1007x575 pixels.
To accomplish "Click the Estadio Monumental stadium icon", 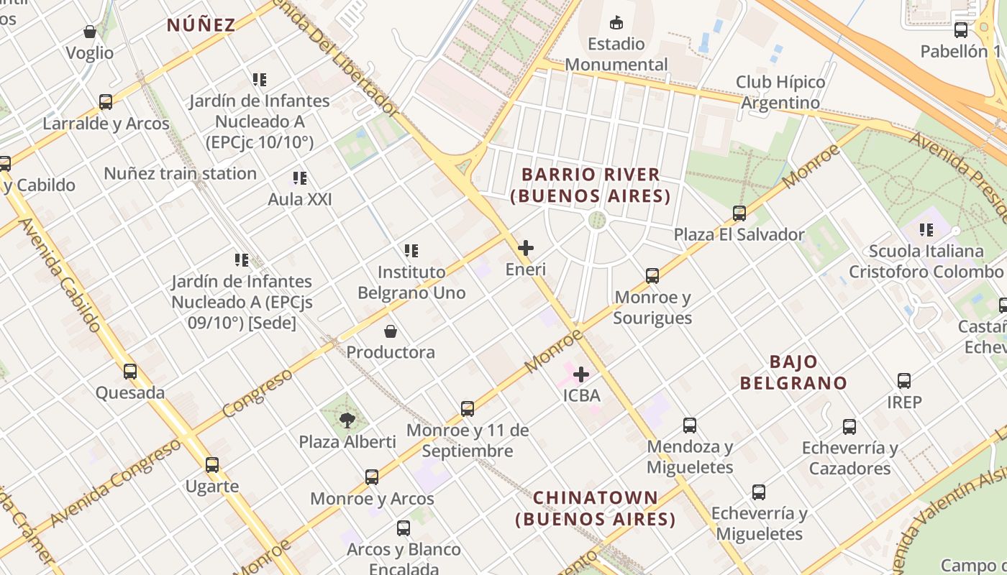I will (616, 23).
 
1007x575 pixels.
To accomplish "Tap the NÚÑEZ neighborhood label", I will (201, 25).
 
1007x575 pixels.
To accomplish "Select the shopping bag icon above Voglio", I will (90, 32).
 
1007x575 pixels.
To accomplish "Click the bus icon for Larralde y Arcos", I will (106, 102).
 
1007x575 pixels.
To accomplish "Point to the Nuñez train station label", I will (180, 173).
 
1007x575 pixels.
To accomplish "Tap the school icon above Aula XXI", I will (300, 178).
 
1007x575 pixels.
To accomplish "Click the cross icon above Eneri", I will (526, 248).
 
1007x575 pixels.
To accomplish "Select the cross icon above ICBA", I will (581, 374).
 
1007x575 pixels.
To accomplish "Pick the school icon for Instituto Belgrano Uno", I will (411, 251).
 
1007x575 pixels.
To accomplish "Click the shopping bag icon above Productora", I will (391, 331).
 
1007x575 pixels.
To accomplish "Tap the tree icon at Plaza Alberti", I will (347, 420).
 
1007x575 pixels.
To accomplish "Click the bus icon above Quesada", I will (130, 372).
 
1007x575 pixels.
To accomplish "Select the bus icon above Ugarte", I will (212, 465).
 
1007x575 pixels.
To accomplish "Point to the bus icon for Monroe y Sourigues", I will (652, 276).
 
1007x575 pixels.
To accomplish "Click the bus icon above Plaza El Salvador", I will (739, 213).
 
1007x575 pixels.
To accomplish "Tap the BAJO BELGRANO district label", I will (793, 372).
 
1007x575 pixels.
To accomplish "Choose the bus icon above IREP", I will (904, 381).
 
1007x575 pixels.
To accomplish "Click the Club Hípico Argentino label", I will (780, 92).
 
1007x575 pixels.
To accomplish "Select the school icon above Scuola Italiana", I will (926, 230).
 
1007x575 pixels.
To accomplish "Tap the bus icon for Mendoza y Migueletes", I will (690, 425).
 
